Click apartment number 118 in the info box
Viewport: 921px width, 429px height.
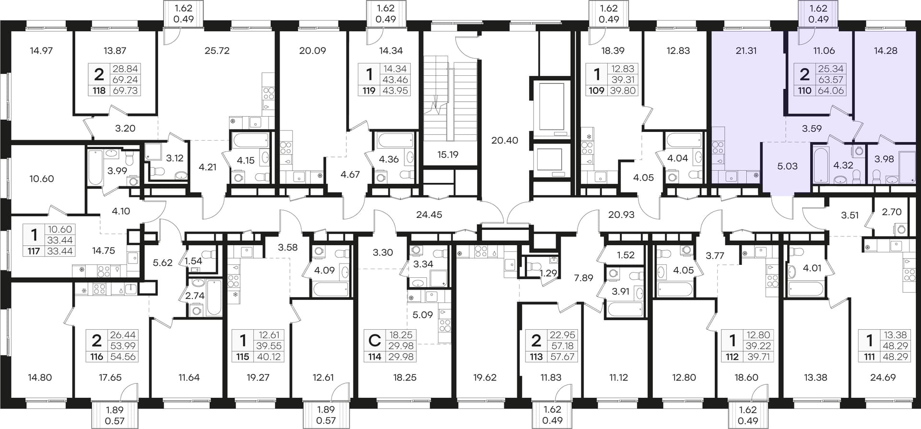click(x=99, y=90)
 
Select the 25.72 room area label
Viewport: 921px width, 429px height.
click(x=217, y=50)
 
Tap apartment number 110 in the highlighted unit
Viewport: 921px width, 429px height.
click(x=804, y=90)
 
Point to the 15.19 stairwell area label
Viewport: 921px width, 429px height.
click(x=448, y=155)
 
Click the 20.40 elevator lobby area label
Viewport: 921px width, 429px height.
click(x=505, y=140)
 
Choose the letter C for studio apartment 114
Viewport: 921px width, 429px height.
click(x=374, y=340)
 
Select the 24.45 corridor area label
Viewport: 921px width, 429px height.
click(x=429, y=214)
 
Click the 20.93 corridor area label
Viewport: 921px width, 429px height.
click(x=621, y=214)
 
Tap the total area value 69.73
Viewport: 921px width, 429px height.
click(x=125, y=90)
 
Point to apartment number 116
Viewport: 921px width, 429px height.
click(x=96, y=357)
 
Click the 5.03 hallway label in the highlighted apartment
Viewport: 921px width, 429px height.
click(x=787, y=166)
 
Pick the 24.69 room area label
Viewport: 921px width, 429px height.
click(x=883, y=377)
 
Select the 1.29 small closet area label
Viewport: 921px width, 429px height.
click(x=548, y=273)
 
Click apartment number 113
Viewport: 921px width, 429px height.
click(x=536, y=357)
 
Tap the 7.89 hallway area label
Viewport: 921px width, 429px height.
click(x=583, y=277)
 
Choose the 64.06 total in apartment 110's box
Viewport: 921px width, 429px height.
click(x=831, y=90)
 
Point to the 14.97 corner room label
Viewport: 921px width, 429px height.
click(x=41, y=50)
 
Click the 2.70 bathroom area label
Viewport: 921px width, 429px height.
click(x=892, y=212)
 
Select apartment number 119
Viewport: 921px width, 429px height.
click(x=369, y=90)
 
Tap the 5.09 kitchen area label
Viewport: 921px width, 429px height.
click(x=423, y=315)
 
